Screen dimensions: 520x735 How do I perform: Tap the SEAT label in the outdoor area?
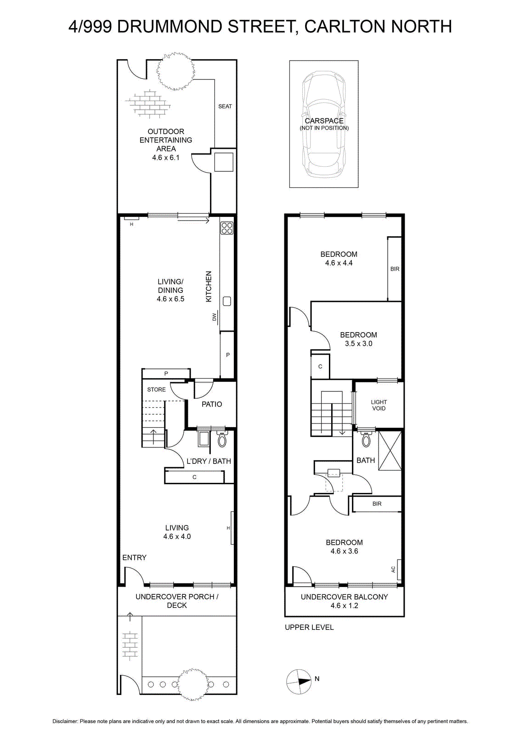coord(225,106)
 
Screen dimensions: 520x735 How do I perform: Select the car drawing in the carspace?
coord(324,124)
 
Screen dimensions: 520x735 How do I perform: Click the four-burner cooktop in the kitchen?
coord(227,228)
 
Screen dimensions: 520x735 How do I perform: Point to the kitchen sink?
coord(227,301)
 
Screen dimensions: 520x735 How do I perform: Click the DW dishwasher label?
coord(215,317)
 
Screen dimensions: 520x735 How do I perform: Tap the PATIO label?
coord(212,404)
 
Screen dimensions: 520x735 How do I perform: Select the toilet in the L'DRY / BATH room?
coord(222,439)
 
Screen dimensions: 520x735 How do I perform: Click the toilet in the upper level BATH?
coord(366,439)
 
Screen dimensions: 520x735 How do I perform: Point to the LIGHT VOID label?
coord(379,405)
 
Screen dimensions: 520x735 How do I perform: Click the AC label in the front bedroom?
coord(393,570)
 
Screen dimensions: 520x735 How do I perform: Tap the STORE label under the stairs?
coord(156,390)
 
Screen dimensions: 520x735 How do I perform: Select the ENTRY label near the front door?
coord(134,558)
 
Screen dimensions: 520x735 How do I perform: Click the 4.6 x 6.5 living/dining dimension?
coord(170,299)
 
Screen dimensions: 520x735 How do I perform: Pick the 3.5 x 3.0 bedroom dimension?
coord(358,344)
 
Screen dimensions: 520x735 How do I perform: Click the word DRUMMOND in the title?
coord(170,27)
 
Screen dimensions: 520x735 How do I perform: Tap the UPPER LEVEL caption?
coord(309,628)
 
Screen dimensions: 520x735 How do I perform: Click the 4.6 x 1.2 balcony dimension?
coord(344,605)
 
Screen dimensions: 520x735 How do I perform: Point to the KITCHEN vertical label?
coord(209,287)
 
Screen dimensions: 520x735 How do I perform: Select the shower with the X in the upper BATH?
coord(390,451)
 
